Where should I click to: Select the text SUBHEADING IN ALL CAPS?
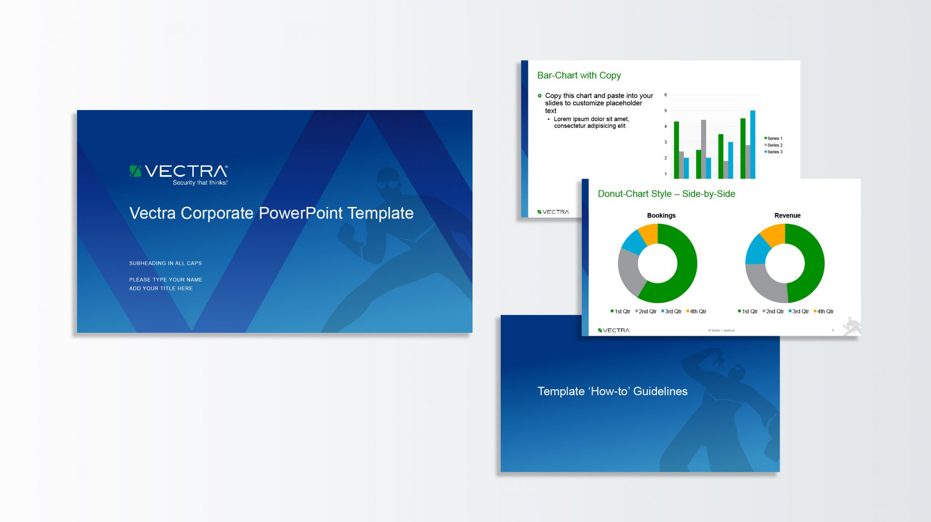coord(165,263)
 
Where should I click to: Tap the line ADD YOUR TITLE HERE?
coord(161,288)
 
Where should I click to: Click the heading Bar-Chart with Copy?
coord(579,76)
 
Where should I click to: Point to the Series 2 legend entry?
coord(774,145)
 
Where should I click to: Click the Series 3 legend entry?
coord(774,152)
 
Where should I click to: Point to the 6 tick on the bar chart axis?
coord(666,95)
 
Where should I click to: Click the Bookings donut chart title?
coord(661,215)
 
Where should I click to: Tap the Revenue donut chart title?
coord(787,215)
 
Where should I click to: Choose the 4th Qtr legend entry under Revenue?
coord(823,311)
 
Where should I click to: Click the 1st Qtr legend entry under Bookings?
coord(621,311)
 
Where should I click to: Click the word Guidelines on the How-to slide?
coord(660,391)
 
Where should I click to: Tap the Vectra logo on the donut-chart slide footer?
coord(614,330)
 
